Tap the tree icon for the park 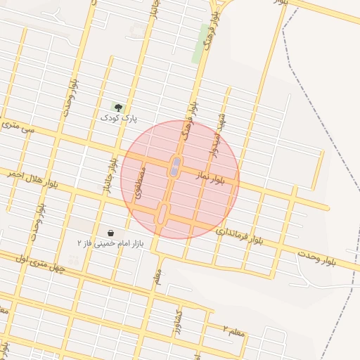click(119, 108)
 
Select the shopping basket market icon click(111, 232)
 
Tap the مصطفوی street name click(141, 181)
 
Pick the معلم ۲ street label click(234, 330)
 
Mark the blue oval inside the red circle click(174, 167)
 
